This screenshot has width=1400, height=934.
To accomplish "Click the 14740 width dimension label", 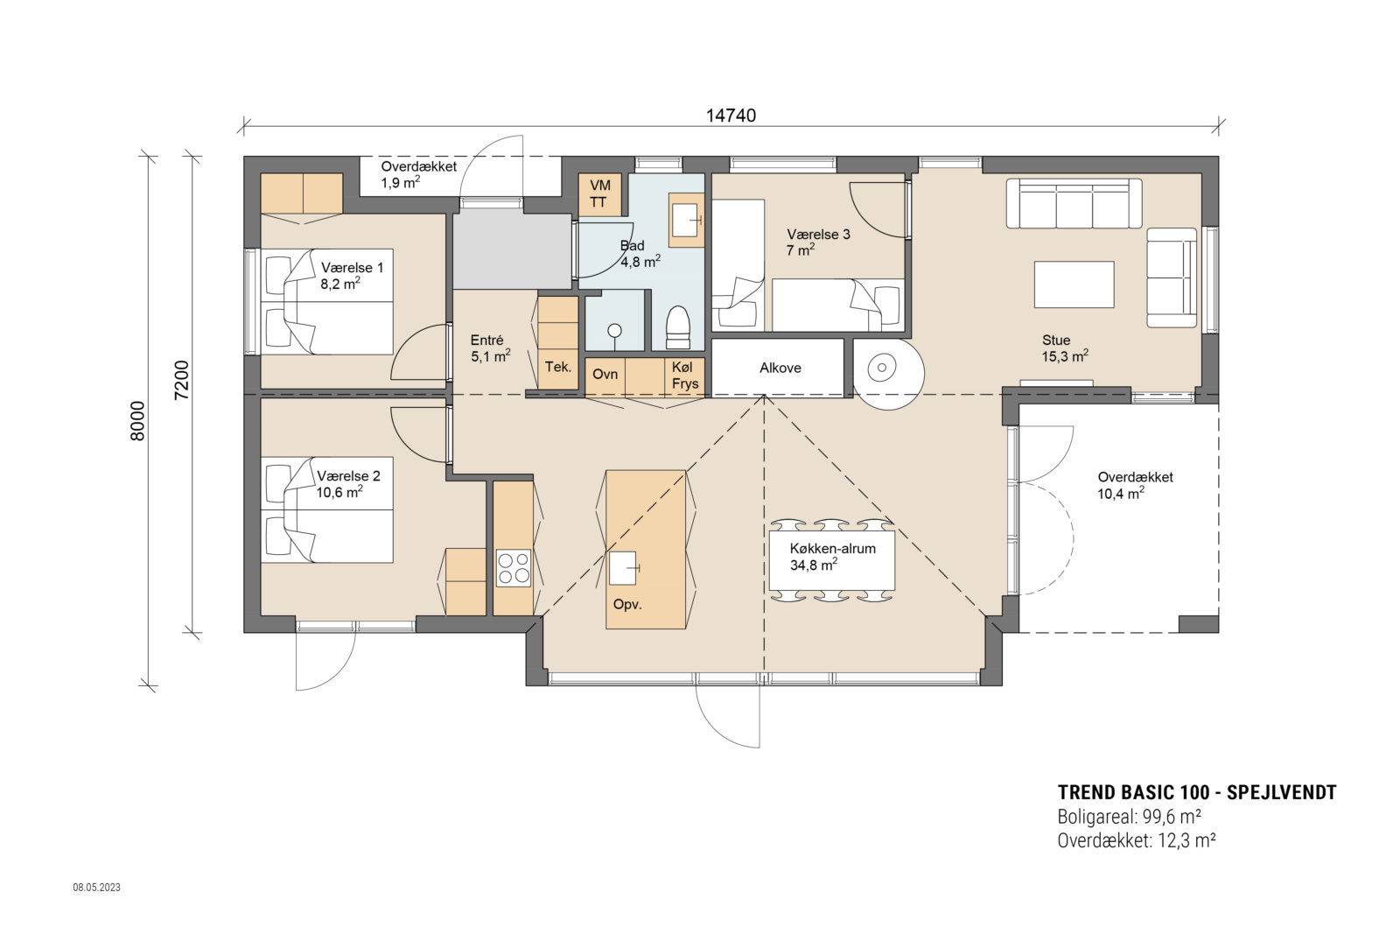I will click(731, 115).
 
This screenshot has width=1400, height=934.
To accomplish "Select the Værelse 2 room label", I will click(348, 483).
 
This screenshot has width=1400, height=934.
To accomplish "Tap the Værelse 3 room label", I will click(817, 242).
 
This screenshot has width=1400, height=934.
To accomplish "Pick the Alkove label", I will click(780, 368).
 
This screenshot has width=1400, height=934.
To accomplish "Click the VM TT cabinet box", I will click(599, 194).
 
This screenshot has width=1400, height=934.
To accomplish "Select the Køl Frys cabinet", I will click(685, 376).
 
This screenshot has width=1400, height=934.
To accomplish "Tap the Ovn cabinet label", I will click(605, 375).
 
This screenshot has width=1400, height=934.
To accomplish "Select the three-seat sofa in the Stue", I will click(1074, 203).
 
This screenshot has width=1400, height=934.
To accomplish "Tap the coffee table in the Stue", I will click(1073, 284).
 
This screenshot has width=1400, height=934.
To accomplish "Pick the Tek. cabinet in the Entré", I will click(557, 368).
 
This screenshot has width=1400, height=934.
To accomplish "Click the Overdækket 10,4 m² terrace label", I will click(1135, 485).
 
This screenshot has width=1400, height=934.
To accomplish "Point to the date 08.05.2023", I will click(96, 887).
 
